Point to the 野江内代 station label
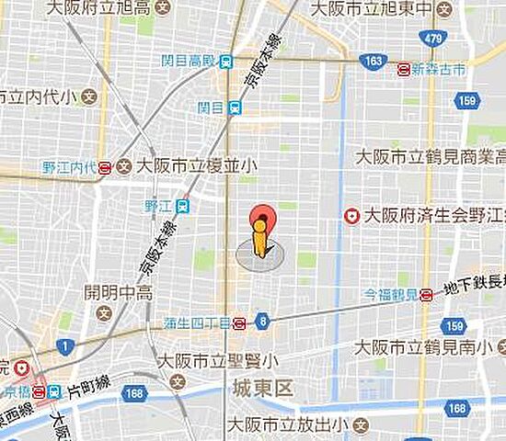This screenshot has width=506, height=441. pos(69,167)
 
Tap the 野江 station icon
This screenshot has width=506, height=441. pos(183,207)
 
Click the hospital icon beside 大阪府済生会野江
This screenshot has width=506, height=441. pos(351,216)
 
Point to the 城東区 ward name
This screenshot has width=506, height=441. pos(261,390)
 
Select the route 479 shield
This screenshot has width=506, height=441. pos(434,37)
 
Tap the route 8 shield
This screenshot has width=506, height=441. pos(264,321)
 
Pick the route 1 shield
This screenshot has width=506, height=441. pos(63,345)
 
